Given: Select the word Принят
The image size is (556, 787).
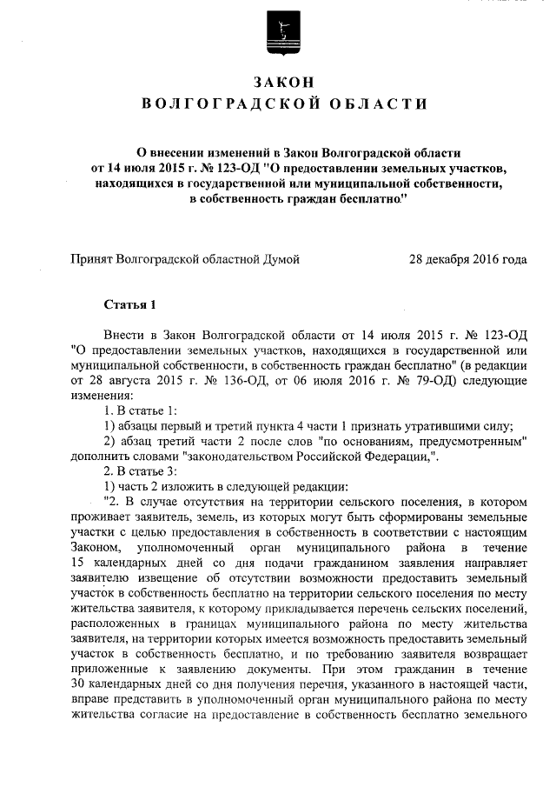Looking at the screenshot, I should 90,259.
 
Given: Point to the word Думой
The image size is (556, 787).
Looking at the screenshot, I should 280,259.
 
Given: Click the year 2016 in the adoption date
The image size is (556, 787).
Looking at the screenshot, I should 481,259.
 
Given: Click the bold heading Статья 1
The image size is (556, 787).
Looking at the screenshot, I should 129,305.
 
